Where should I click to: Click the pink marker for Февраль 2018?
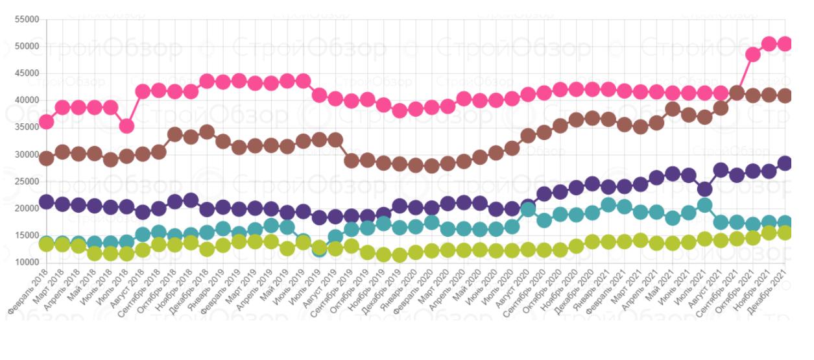47,121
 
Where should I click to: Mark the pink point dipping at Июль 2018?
127,126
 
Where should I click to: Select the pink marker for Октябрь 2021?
753,54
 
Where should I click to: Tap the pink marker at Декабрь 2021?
785,43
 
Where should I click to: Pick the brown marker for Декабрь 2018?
208,132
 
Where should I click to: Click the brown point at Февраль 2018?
47,158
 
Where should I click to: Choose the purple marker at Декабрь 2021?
785,163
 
